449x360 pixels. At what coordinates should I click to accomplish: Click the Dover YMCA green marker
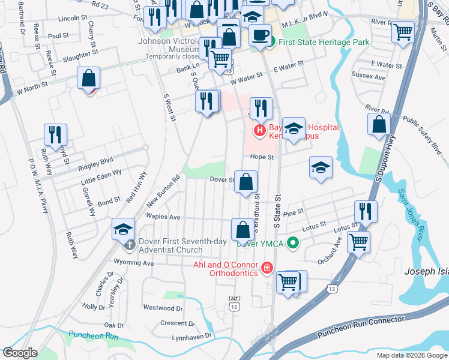tap(292, 243)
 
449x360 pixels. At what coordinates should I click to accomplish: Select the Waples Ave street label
tap(163, 217)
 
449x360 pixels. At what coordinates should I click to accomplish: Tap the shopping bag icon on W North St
tap(88, 79)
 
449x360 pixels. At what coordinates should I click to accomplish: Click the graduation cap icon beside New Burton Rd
tap(123, 229)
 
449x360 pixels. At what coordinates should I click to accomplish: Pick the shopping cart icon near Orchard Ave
tap(359, 242)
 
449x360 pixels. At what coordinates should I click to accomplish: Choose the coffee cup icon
tap(260, 35)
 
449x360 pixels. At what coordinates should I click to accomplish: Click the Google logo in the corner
tap(20, 353)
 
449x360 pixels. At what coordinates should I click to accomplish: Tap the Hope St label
tap(262, 157)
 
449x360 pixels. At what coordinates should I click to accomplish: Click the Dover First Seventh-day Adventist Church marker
tap(129, 245)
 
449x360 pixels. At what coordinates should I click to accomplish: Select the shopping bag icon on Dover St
tap(246, 182)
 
